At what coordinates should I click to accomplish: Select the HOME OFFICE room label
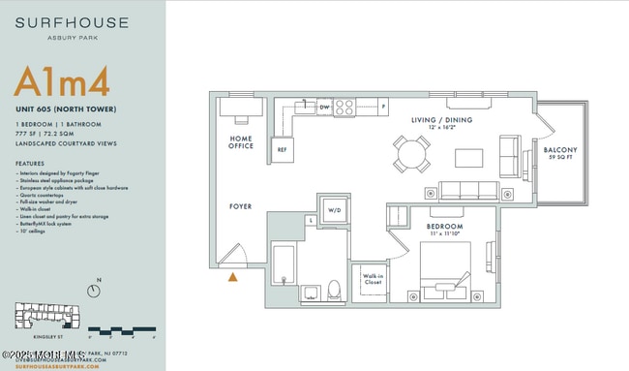click(x=241, y=142)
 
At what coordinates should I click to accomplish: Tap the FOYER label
click(x=240, y=206)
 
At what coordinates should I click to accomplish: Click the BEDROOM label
click(x=446, y=227)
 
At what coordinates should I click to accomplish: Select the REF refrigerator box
click(x=283, y=150)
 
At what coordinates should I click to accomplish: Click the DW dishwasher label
click(x=325, y=107)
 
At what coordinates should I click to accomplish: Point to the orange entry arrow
click(x=232, y=277)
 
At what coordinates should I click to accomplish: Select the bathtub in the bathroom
click(x=282, y=270)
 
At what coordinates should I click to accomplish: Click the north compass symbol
click(x=94, y=290)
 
